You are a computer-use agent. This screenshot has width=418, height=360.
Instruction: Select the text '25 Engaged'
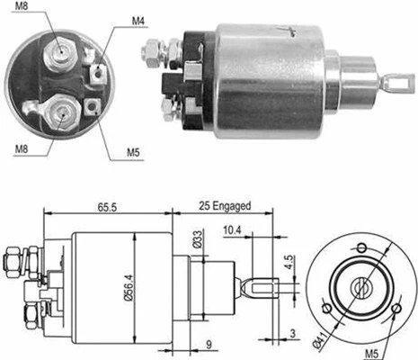(x=225, y=207)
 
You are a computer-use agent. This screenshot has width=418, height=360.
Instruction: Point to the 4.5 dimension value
(x=289, y=264)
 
